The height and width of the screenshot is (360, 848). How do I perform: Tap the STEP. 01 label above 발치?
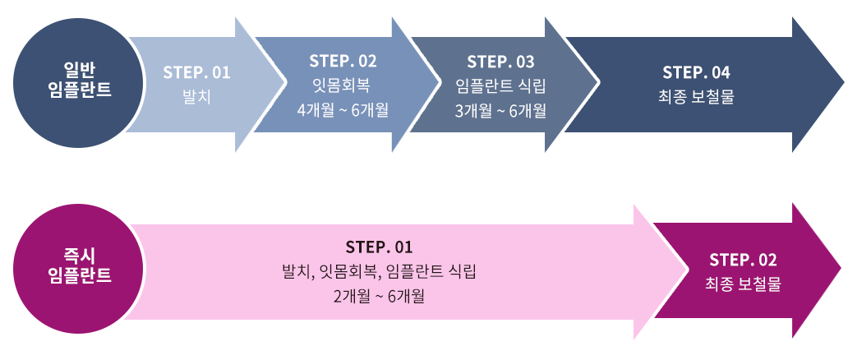[196, 72]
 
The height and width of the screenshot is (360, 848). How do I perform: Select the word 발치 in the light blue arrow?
[196, 96]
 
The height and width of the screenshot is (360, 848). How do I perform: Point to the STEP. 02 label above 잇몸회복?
[343, 61]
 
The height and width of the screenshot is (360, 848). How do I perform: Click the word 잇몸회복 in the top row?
[343, 85]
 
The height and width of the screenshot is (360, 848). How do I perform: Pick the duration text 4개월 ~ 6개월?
[343, 108]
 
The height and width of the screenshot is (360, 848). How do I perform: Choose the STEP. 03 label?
[500, 62]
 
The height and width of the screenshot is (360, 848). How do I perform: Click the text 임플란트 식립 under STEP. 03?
[500, 85]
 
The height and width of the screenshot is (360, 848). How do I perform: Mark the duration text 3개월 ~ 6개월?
[500, 109]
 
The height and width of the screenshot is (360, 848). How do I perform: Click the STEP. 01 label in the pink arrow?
[379, 247]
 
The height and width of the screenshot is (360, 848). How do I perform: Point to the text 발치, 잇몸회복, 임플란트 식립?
[379, 270]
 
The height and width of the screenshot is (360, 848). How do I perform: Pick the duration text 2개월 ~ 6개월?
[379, 294]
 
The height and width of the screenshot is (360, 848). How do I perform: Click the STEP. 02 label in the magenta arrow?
[743, 260]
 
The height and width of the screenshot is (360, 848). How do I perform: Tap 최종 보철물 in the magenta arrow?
[743, 284]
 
